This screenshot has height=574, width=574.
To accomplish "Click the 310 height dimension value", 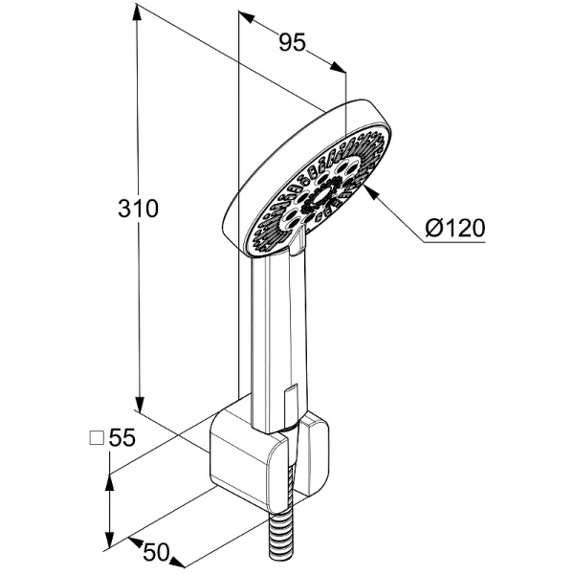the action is [138, 209].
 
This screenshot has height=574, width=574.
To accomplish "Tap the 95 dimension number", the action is [292, 42].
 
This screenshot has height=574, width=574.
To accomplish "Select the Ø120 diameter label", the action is [455, 228].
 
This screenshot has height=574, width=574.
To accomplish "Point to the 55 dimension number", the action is [122, 437].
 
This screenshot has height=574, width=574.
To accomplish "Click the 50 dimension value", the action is [156, 552].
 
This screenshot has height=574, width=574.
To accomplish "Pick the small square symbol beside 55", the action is [97, 437].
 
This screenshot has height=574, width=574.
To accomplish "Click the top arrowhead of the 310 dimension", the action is [137, 13].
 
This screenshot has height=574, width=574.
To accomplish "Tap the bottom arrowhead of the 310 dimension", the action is [140, 404].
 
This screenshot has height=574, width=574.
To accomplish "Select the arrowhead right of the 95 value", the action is [338, 67].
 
